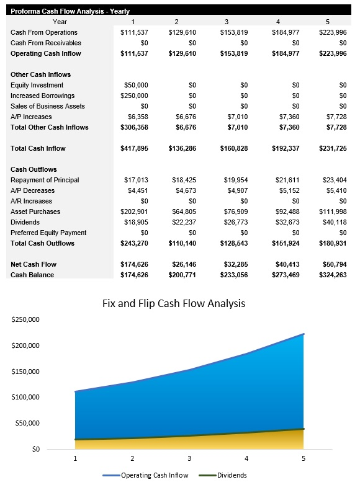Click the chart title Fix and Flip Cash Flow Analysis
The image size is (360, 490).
pos(173,303)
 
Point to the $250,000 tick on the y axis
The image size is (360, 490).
pos(25,319)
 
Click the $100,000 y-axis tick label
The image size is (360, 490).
pos(25,397)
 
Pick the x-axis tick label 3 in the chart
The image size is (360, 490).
pos(189,458)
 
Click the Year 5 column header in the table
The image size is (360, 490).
pos(328,22)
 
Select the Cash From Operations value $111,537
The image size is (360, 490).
pos(133,32)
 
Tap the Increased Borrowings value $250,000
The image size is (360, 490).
pos(133,96)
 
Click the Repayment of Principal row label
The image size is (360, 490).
pos(45,180)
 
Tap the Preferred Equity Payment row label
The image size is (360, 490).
pos(48,233)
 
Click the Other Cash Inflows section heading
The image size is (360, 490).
pos(41,74)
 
